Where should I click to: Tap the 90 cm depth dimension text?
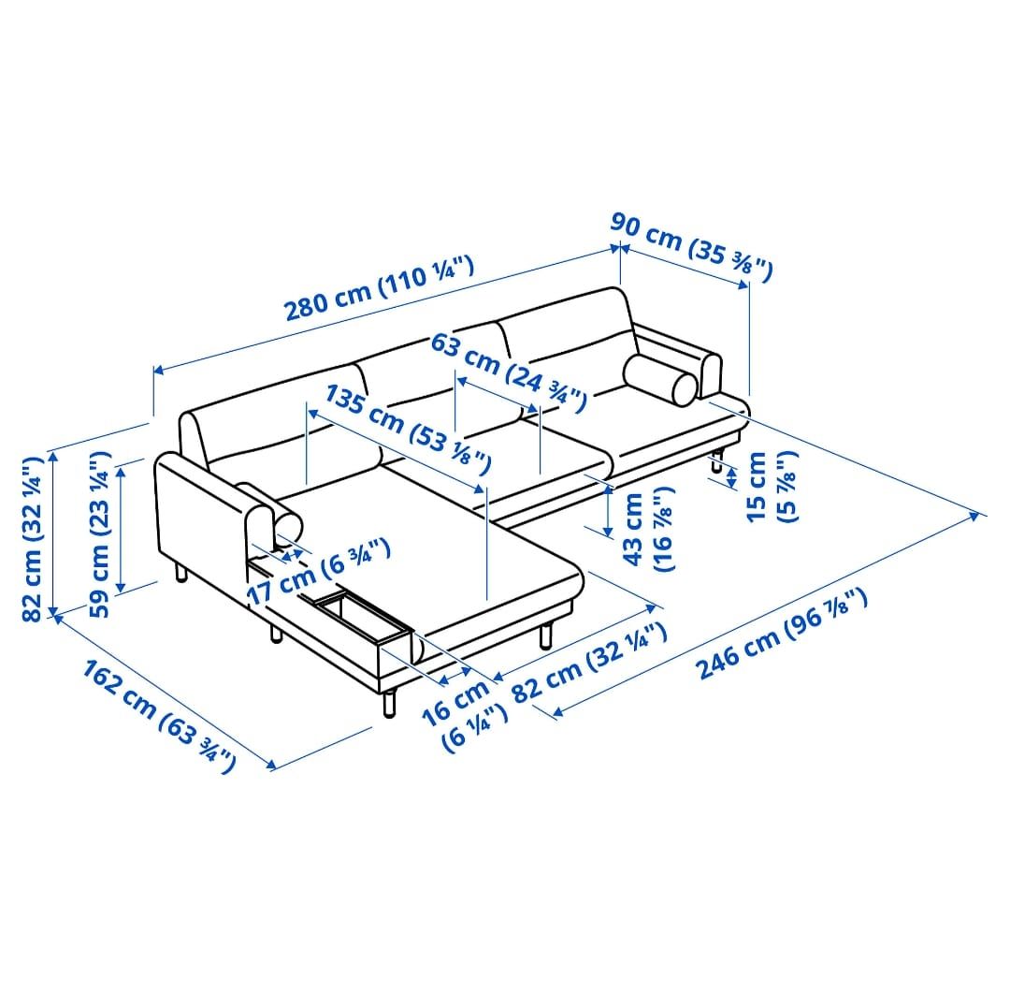point(691,248)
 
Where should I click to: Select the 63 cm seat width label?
point(508,372)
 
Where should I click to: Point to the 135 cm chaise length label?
point(407,428)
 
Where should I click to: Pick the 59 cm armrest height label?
point(99,533)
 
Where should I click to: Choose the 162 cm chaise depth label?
point(158,716)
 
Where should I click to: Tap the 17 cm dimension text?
point(318,571)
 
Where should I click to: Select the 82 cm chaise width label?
point(589,662)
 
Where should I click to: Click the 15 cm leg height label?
point(772,487)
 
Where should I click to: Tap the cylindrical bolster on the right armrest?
point(661,381)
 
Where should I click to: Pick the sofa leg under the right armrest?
point(716,461)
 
